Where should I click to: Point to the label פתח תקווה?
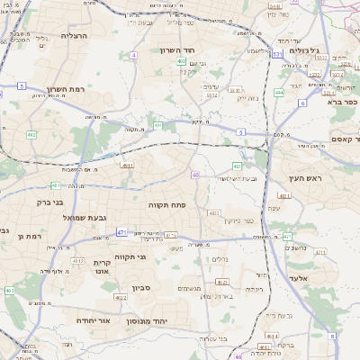click(x=166, y=205)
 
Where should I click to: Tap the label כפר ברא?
click(x=343, y=102)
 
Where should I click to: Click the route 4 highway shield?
click(x=133, y=55)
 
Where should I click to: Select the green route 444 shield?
click(x=279, y=92)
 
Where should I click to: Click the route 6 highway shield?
click(x=302, y=103)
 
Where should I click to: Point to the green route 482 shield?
click(x=31, y=135)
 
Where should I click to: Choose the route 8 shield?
click(x=331, y=336)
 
